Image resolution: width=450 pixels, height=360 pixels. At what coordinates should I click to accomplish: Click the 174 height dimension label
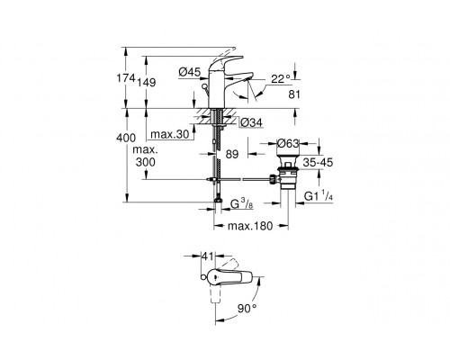point(126,78)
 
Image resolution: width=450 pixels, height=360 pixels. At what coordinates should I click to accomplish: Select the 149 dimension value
point(147,82)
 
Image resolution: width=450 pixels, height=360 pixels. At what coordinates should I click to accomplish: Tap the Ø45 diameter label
point(189,72)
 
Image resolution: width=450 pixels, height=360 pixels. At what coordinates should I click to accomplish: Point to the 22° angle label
point(281,79)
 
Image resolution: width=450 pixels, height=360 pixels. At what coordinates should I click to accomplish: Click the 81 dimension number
point(294,94)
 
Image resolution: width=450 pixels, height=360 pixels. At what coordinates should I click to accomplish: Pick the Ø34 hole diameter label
point(251,122)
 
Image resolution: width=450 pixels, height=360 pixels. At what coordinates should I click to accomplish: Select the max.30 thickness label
point(170,134)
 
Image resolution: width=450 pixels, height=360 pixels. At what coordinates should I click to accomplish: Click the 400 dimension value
point(126,138)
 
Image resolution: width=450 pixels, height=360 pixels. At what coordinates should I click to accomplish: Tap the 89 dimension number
point(232,154)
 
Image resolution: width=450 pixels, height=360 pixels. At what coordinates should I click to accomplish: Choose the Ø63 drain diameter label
point(288,143)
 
